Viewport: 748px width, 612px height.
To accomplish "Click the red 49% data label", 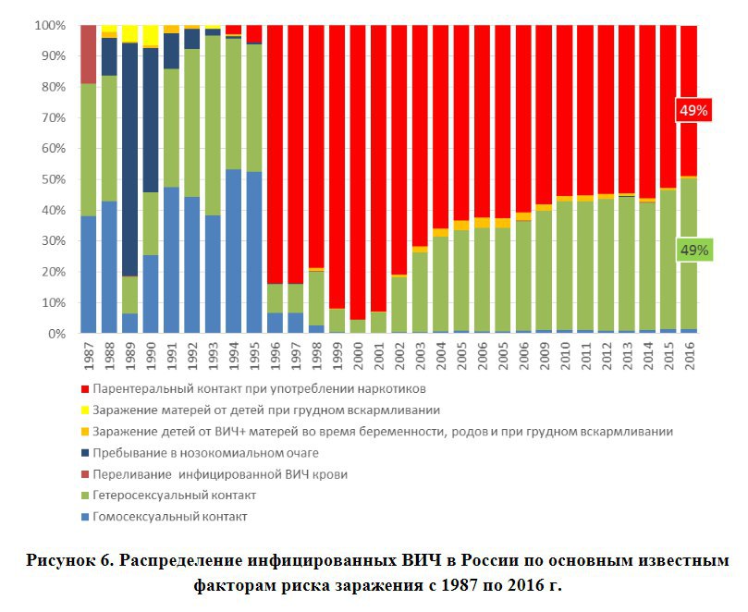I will [x=693, y=110].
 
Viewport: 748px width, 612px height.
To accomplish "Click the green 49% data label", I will [x=693, y=250].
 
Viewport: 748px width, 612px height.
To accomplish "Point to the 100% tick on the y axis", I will [x=50, y=26].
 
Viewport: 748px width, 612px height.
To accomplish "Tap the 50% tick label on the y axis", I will [x=53, y=179].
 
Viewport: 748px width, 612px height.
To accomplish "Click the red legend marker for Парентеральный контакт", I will [x=86, y=388].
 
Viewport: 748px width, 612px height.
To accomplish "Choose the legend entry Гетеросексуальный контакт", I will [x=177, y=496].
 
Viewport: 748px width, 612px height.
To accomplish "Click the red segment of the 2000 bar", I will [x=358, y=166].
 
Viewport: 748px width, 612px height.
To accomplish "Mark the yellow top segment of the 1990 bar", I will [x=151, y=35].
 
